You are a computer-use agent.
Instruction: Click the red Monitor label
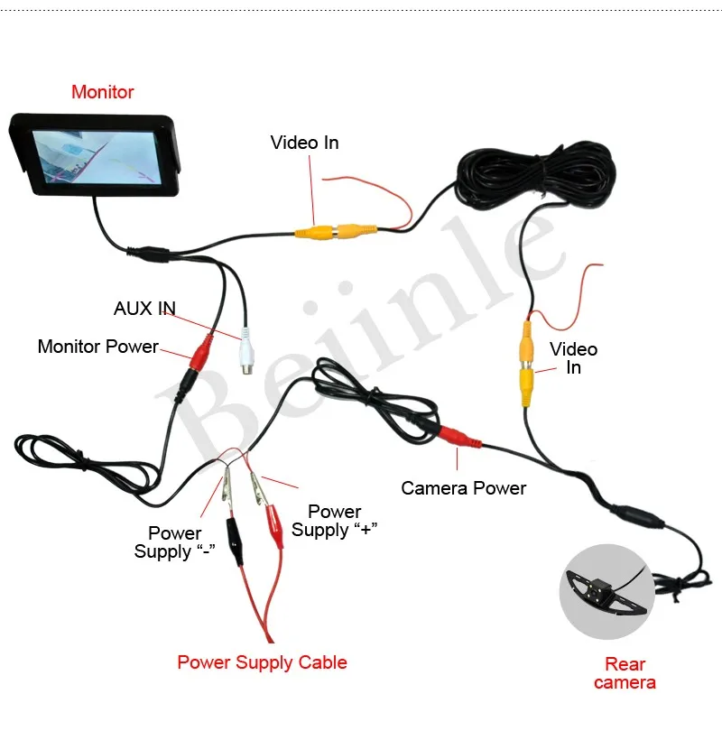(x=103, y=92)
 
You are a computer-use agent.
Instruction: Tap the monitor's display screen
(x=97, y=157)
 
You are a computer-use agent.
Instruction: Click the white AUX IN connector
(x=245, y=352)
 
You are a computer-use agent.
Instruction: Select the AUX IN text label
(x=144, y=308)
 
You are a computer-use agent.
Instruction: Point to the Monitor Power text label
(x=97, y=347)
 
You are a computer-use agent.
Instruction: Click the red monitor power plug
(x=201, y=352)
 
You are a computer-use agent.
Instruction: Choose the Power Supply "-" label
(x=174, y=542)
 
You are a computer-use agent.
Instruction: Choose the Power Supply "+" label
(x=334, y=521)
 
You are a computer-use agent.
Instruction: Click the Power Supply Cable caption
(x=262, y=662)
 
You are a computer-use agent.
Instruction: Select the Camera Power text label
(x=463, y=488)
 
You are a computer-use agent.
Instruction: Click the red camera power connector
(x=459, y=437)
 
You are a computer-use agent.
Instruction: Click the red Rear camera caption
(x=625, y=673)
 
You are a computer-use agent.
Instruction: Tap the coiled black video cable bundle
(x=536, y=176)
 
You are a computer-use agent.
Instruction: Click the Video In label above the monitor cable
(x=304, y=143)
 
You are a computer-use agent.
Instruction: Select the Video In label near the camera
(x=573, y=358)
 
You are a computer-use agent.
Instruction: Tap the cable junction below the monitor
(x=148, y=254)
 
